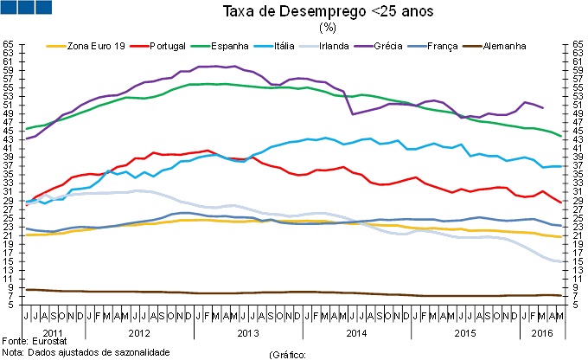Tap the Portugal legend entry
172,45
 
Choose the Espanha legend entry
229,45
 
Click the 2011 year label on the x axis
53,332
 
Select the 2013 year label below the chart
247,332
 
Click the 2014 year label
355,332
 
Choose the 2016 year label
542,332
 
